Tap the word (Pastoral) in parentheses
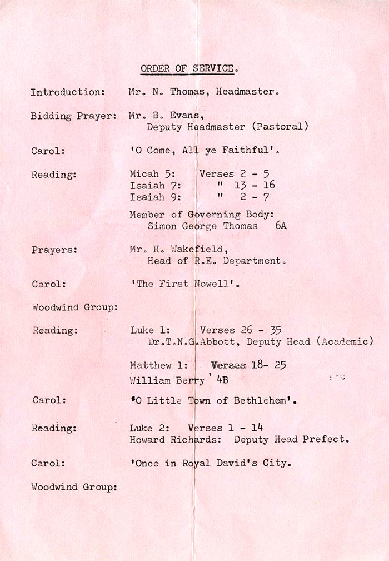(280, 127)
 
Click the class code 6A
(281, 226)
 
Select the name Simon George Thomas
(203, 226)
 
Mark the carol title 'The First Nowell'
(185, 284)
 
